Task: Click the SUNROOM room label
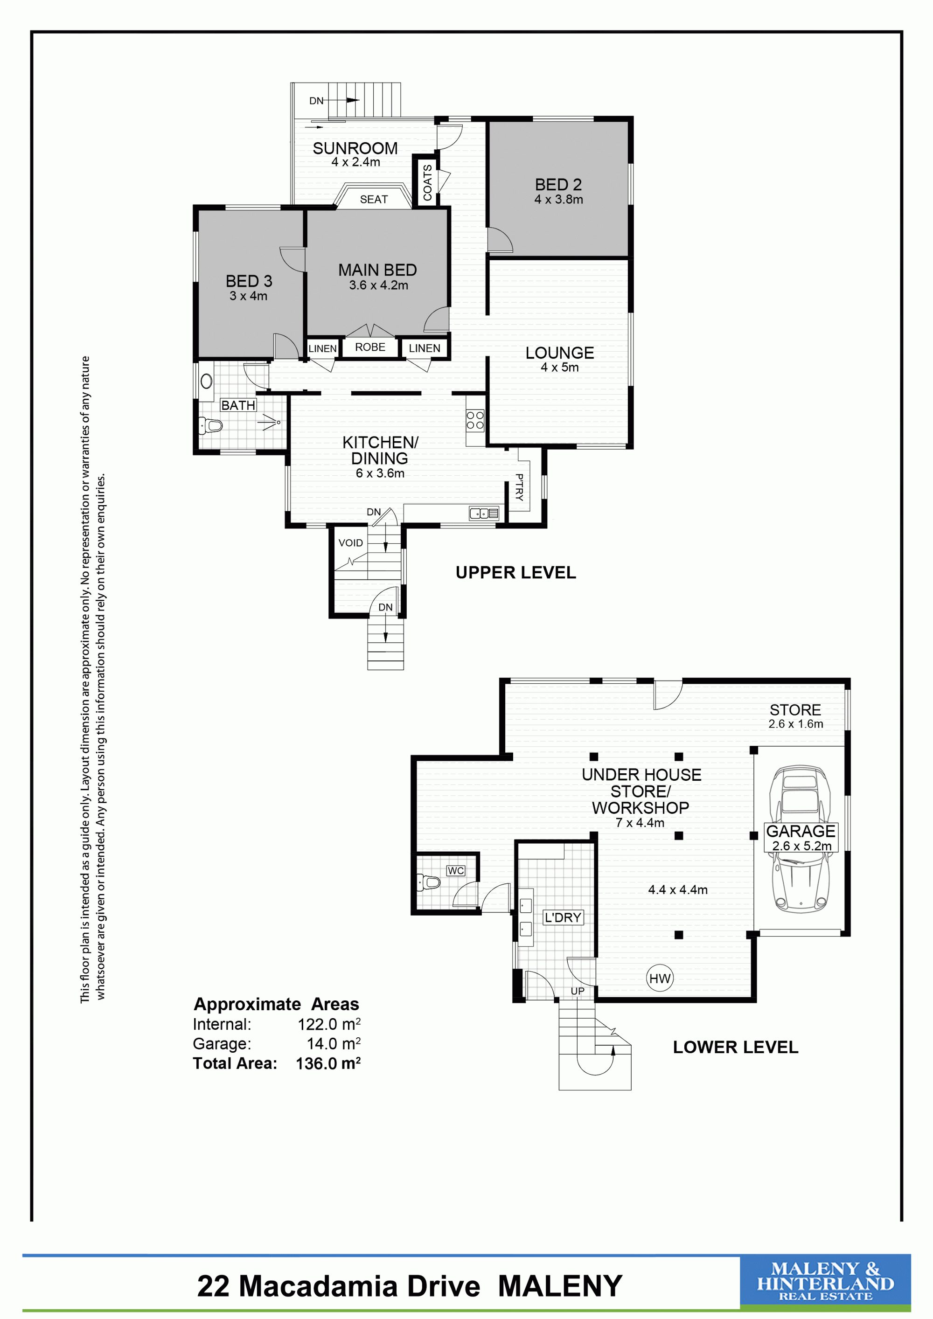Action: (355, 148)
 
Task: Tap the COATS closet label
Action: (427, 183)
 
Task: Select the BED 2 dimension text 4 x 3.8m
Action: (558, 199)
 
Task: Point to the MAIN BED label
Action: (377, 270)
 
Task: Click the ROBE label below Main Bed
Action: (370, 347)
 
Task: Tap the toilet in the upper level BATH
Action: (210, 426)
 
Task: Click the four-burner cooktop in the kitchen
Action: (475, 420)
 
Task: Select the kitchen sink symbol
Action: (484, 513)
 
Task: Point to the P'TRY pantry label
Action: (519, 487)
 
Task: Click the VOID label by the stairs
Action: (350, 543)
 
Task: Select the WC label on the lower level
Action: (456, 871)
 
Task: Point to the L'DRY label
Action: (563, 917)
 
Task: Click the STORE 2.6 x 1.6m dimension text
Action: (796, 724)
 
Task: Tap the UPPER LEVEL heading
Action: (515, 573)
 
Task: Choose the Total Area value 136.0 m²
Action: (328, 1063)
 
